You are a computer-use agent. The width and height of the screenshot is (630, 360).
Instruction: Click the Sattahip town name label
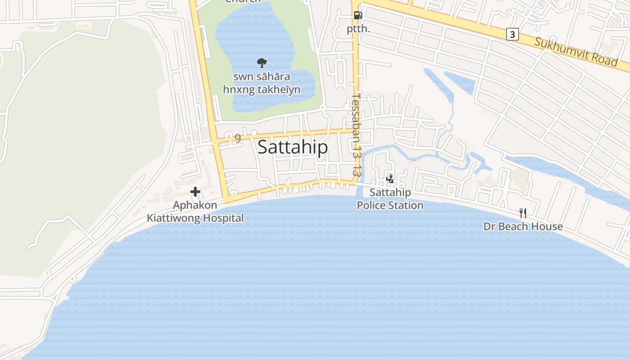coord(292,147)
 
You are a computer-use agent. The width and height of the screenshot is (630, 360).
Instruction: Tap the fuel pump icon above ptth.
coord(358,15)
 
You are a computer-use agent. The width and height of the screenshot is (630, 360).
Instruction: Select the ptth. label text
coord(358,29)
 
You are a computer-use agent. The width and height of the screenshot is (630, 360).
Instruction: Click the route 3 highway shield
coord(512,34)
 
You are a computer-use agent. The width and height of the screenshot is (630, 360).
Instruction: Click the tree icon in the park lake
coord(261,63)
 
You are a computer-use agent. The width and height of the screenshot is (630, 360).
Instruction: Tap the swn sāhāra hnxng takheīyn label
coord(261,83)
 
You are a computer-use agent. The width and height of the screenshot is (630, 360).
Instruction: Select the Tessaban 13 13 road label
coord(357,134)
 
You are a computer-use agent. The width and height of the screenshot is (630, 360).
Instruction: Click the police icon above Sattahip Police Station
coord(390,179)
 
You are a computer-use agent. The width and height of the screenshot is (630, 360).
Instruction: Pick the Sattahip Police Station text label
coord(390,199)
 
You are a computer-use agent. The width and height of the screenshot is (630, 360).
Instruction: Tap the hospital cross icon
coord(195,192)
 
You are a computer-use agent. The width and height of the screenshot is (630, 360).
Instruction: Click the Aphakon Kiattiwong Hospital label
coord(195,211)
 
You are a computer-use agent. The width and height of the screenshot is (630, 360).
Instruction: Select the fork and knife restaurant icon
coord(522,213)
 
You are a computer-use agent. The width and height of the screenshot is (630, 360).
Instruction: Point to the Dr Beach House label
coord(523,226)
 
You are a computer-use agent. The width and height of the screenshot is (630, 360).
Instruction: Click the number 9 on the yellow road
coord(238,138)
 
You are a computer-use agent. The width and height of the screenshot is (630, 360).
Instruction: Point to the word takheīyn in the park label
coord(278,90)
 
